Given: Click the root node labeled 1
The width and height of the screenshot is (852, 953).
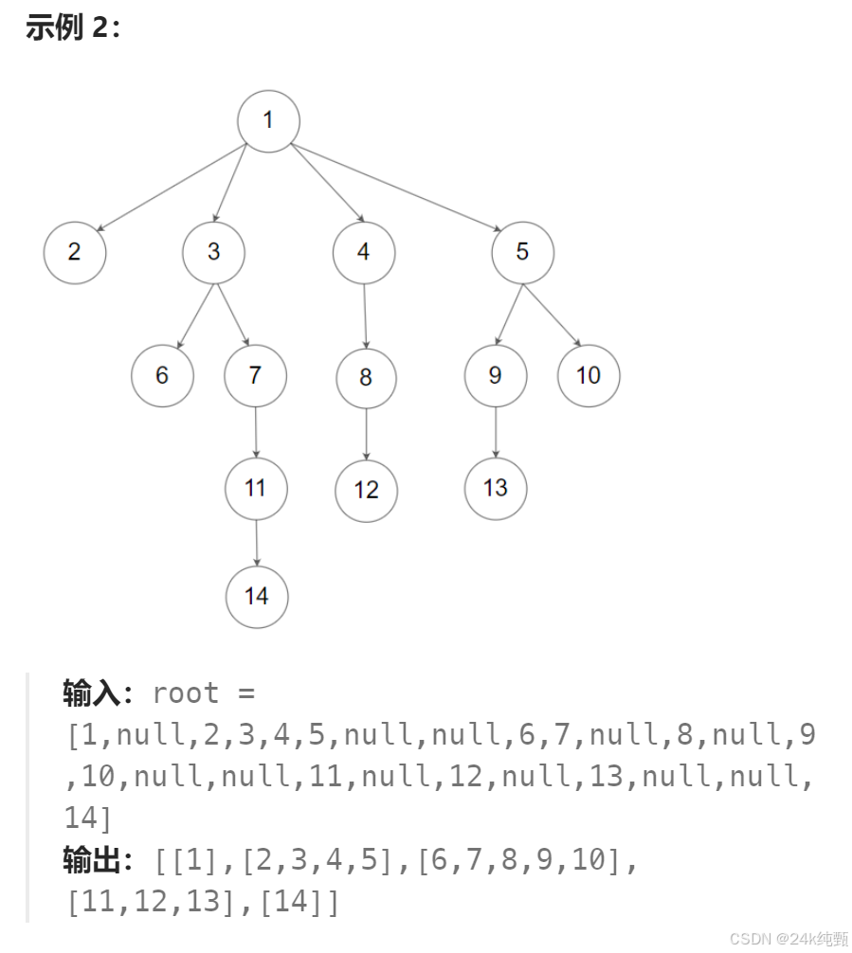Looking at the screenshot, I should tap(268, 120).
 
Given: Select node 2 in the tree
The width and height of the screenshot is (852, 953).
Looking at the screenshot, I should tap(74, 252).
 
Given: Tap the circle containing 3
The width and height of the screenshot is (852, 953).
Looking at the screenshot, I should tap(213, 252).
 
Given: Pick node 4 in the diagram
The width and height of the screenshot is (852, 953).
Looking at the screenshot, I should tap(364, 252).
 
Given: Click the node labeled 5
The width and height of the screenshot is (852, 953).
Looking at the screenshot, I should tap(522, 252).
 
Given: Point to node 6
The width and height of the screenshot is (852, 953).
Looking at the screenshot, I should tap(162, 375).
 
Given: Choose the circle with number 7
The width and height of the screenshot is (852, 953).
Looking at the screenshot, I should tap(255, 375).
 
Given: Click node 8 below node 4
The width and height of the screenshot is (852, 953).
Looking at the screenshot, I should tap(366, 378).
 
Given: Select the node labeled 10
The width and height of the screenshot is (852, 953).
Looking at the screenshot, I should tap(589, 375).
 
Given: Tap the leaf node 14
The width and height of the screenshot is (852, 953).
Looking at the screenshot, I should tap(256, 596).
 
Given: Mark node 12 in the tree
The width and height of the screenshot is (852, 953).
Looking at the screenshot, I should tap(366, 490).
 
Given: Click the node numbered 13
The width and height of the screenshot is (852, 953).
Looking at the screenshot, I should tap(495, 488).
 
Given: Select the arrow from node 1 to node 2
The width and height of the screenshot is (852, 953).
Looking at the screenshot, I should tap(171, 188).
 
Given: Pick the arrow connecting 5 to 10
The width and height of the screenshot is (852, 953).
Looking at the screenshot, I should tap(552, 313).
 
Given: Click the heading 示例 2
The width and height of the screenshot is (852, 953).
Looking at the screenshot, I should tap(73, 28).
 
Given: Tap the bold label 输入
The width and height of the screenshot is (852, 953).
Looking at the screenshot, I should tap(92, 693).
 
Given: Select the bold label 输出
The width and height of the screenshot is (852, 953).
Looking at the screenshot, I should tap(92, 861).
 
